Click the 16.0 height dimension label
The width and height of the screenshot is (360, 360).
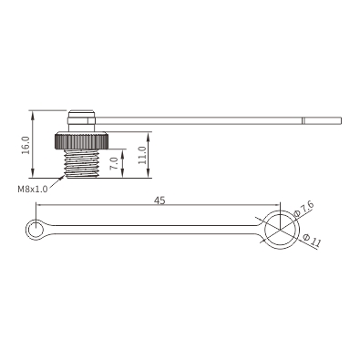[26, 145]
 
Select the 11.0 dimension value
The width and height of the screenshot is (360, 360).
[142, 155]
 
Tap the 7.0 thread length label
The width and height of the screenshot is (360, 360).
[114, 163]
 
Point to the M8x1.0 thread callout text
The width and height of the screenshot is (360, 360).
[33, 190]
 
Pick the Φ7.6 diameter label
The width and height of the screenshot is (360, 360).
[304, 210]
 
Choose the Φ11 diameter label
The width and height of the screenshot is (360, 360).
[312, 240]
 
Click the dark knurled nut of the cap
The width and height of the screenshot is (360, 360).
[81, 140]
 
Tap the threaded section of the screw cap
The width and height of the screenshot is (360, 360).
[81, 163]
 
